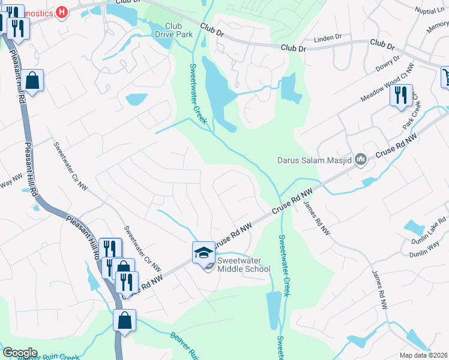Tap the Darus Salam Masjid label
[314, 160]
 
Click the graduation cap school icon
[203, 252]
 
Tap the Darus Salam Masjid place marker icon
[361, 159]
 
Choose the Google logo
[20, 353]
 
